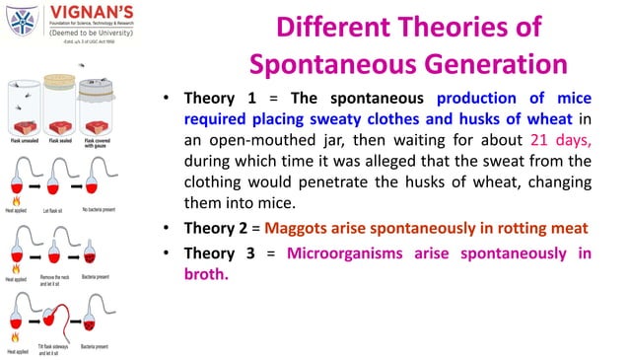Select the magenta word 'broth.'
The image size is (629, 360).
click(206, 274)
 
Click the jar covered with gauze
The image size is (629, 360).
click(103, 107)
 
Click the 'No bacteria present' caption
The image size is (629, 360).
click(103, 209)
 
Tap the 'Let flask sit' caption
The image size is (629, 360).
click(54, 209)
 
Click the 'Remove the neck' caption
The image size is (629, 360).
click(58, 278)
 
